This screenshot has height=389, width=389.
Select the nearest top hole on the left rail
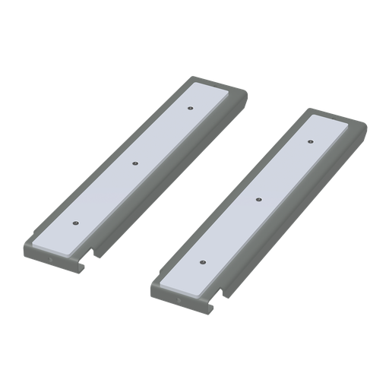coord(74,223)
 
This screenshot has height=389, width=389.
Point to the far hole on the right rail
coord(311,141)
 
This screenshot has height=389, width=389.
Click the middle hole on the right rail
coord(259,199)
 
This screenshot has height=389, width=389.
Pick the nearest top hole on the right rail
coord(203,261)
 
